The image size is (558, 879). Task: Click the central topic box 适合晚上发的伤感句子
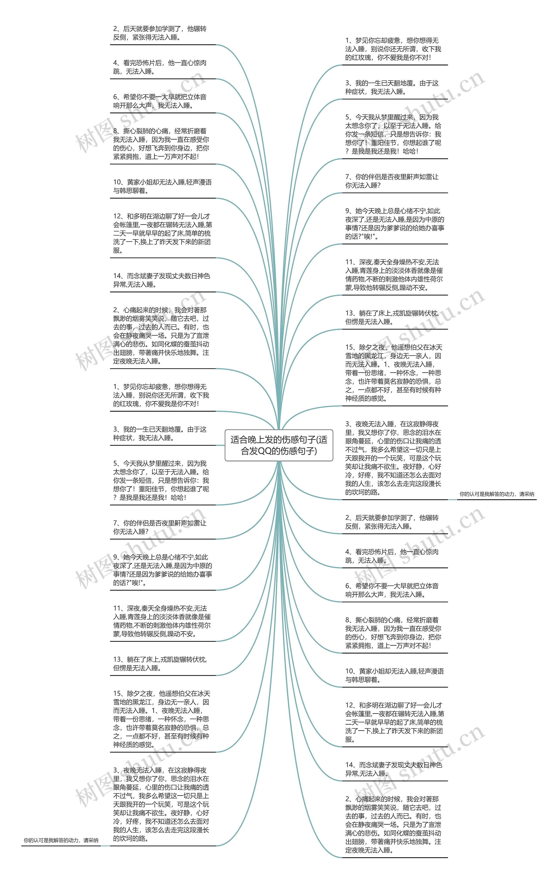click(279, 445)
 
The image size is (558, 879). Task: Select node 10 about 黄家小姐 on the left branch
click(162, 186)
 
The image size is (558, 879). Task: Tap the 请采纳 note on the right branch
click(497, 494)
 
